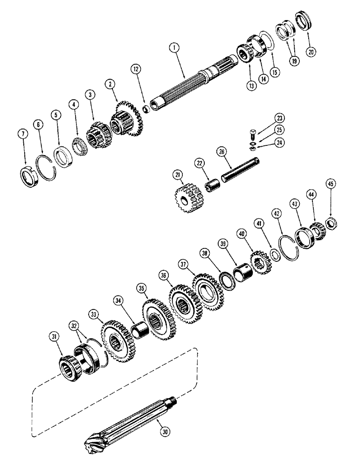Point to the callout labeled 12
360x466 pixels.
[x=135, y=69]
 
